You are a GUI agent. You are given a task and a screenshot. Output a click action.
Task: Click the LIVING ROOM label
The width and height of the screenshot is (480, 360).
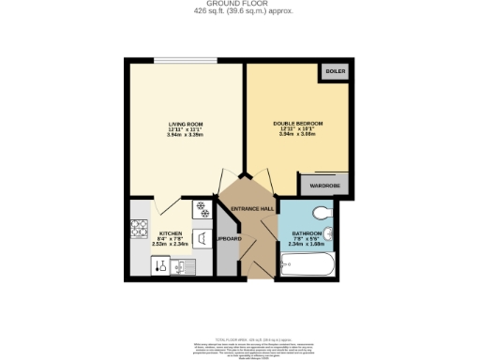click(x=186, y=122)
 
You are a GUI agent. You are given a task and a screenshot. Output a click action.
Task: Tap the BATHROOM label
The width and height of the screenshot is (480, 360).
click(x=307, y=232)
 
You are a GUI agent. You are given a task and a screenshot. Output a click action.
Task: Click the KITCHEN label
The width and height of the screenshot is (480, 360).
click(x=170, y=232)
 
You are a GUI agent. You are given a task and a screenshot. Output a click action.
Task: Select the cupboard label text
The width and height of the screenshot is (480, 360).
click(x=229, y=239)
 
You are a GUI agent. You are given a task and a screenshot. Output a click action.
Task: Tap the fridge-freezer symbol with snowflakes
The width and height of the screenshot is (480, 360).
click(x=200, y=207)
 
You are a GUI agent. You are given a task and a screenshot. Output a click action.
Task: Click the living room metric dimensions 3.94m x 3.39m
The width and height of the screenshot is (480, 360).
click(x=186, y=134)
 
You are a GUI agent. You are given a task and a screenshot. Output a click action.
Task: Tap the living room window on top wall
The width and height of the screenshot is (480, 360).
click(x=186, y=62)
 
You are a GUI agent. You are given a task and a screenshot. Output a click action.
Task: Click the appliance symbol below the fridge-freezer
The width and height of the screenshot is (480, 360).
click(x=202, y=237)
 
